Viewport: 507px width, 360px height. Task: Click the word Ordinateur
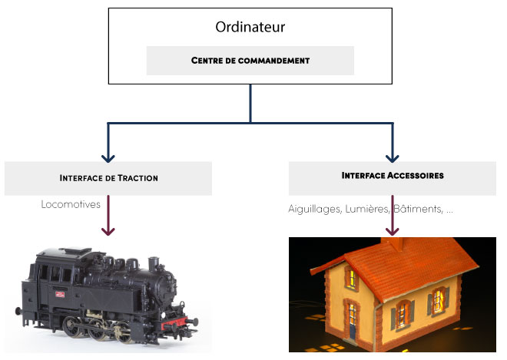[x=250, y=28]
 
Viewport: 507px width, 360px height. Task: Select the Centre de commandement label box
[x=250, y=60]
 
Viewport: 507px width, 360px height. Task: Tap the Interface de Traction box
[x=108, y=177]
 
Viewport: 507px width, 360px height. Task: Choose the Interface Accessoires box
[x=393, y=176]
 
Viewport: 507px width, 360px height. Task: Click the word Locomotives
[x=70, y=205]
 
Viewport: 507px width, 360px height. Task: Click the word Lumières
[x=367, y=209]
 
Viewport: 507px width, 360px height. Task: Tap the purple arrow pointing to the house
[x=393, y=219]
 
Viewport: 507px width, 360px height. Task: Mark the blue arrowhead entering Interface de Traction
[x=109, y=156]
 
